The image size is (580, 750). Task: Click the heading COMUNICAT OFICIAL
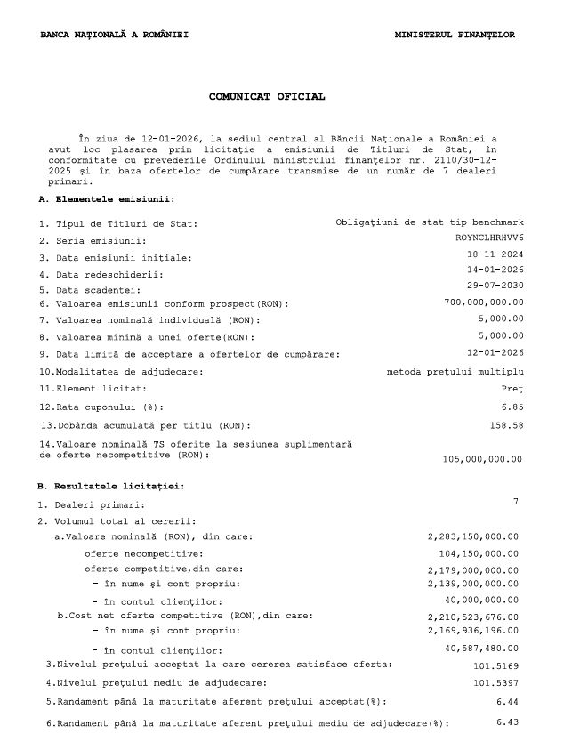[267, 95]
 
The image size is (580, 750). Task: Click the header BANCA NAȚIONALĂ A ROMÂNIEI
[114, 35]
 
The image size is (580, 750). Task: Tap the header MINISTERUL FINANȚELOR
[455, 35]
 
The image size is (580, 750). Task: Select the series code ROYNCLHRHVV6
[489, 238]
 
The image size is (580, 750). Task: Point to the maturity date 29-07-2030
[495, 286]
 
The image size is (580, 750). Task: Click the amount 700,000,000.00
[484, 302]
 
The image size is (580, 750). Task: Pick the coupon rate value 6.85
[512, 406]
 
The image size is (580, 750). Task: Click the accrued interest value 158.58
[507, 424]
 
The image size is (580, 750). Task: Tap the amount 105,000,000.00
[482, 459]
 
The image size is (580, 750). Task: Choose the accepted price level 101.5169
[494, 665]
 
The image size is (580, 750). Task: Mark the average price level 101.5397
[494, 682]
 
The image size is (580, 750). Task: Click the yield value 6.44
[507, 701]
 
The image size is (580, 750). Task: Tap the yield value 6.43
[507, 722]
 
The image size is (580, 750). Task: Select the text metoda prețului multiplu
[455, 371]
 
